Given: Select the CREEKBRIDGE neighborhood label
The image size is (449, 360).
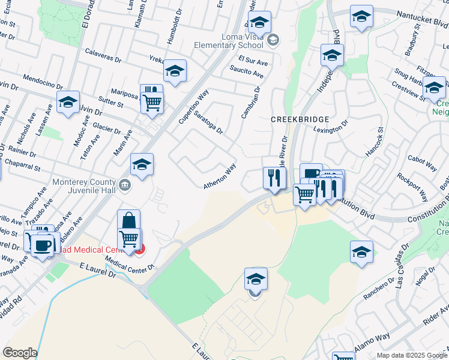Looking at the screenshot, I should pos(294,119).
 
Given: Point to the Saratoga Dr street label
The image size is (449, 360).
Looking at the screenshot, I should pos(211,122).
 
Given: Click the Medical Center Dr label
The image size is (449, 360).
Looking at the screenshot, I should pos(130,263).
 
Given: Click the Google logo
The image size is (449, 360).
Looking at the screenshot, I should pos(20,353).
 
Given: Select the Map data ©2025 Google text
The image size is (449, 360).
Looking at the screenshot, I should pos(411,355).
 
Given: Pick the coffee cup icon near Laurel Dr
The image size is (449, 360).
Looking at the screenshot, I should pos(41,246).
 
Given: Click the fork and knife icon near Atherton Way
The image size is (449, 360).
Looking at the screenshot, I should pos(274,177).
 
